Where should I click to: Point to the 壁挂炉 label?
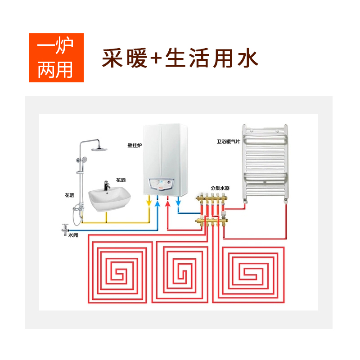(x=135, y=145)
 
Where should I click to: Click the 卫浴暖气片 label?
(x=228, y=142)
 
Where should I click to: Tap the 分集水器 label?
(x=220, y=188)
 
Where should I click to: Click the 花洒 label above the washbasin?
(x=121, y=180)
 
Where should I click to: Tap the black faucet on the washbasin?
(x=107, y=185)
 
